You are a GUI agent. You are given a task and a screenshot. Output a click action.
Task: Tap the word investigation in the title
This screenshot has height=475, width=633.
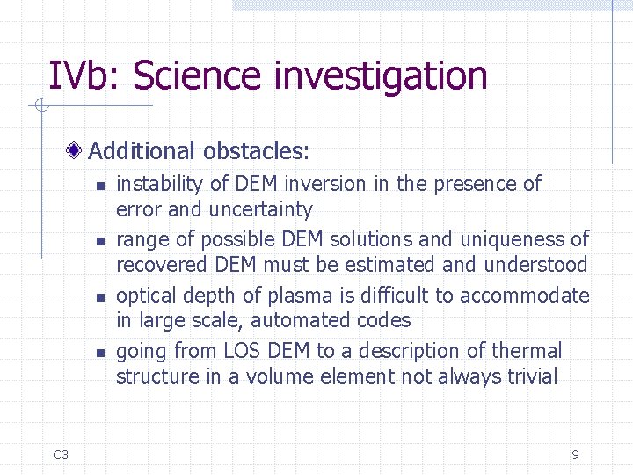[x=381, y=77]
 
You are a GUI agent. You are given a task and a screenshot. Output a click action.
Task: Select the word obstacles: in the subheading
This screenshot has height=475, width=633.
[x=256, y=151]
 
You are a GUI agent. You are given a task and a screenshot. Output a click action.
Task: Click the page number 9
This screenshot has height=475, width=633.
[x=575, y=455]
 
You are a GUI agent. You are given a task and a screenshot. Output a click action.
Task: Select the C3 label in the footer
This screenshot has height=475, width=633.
[x=61, y=455]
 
